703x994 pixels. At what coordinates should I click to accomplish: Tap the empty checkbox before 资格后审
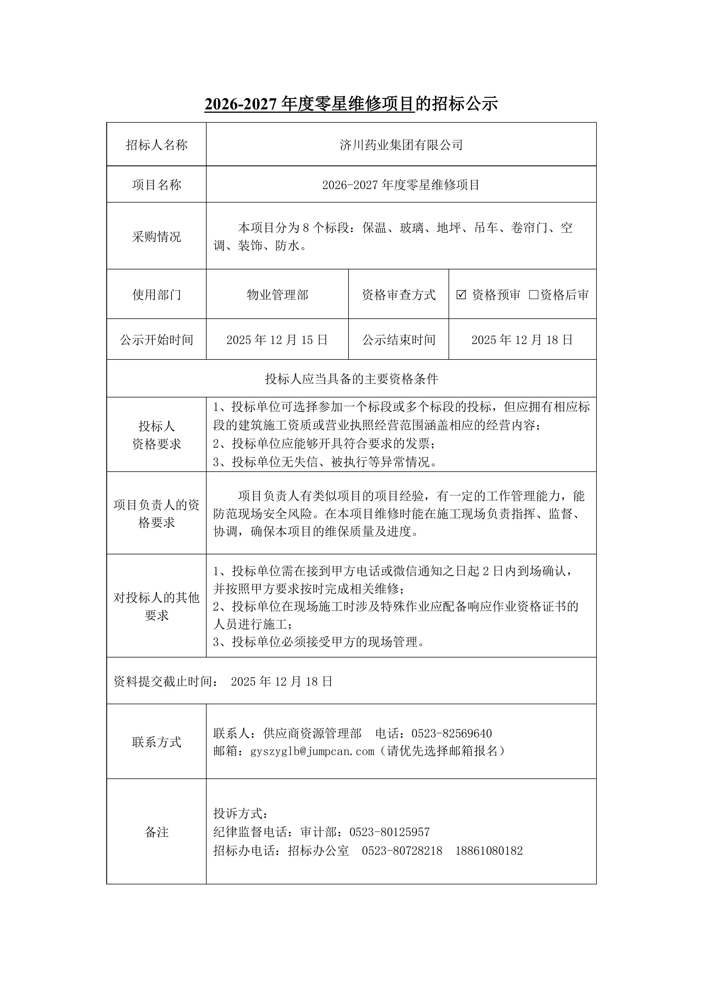click(x=534, y=295)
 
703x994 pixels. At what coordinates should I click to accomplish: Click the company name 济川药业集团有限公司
click(x=401, y=145)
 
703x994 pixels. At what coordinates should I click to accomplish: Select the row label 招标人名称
click(x=156, y=145)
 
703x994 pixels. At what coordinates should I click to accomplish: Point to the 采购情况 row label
click(x=156, y=237)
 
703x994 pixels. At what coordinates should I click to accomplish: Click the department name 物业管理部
click(x=277, y=295)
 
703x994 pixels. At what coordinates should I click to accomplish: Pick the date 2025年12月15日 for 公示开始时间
click(x=277, y=340)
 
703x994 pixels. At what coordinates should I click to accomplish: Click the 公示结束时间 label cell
click(x=398, y=340)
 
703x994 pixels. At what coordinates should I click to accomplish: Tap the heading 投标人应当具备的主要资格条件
click(x=351, y=379)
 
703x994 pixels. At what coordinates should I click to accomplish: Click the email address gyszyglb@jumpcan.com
click(x=312, y=751)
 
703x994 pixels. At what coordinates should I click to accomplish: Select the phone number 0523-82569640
click(x=451, y=733)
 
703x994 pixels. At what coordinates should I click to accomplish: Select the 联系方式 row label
click(x=156, y=742)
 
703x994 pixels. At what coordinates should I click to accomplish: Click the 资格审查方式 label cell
click(x=398, y=295)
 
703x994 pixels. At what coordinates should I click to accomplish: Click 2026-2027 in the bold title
click(x=240, y=104)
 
